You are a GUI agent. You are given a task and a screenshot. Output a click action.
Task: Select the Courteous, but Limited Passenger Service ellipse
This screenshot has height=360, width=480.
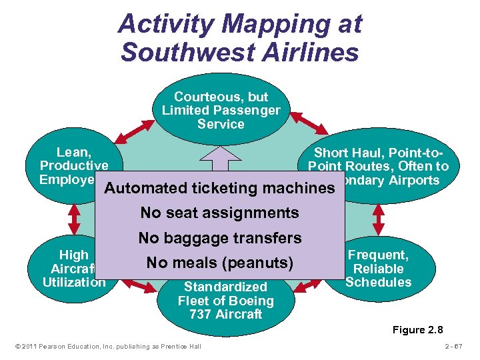(221, 110)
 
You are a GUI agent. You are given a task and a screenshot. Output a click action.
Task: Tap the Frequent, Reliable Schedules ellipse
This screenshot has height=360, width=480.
(379, 268)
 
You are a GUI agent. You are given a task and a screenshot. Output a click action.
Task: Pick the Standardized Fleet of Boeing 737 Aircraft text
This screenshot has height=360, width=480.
(225, 301)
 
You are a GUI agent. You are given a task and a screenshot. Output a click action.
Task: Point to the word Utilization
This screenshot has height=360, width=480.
(73, 282)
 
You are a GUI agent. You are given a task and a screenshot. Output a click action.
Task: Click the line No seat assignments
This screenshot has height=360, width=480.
(219, 213)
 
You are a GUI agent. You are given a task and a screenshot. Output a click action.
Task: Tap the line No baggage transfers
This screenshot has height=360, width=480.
(219, 238)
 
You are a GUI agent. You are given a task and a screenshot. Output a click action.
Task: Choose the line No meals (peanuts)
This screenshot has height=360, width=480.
(219, 263)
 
